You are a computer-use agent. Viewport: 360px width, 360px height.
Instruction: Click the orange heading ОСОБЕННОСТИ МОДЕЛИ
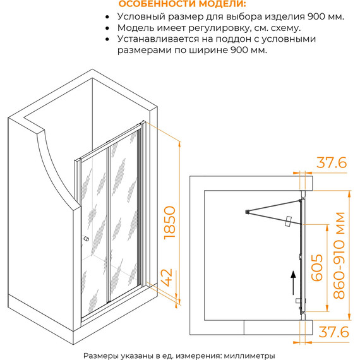pos(182,4)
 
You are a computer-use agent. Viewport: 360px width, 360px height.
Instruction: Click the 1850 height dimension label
pos(170,223)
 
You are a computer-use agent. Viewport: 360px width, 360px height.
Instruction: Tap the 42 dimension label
pos(167,277)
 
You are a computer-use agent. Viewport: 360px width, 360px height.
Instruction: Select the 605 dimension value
pos(317,268)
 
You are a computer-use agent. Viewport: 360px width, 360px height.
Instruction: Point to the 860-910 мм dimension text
pos(339,255)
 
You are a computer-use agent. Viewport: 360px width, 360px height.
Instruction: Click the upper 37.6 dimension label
pos(332,162)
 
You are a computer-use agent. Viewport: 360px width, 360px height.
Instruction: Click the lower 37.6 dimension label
pos(333,332)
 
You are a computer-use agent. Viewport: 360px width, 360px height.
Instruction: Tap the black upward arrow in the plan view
pos(293,283)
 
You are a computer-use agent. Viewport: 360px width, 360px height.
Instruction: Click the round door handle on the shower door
pos(86,239)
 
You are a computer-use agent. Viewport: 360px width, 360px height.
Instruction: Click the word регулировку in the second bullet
pos(220,28)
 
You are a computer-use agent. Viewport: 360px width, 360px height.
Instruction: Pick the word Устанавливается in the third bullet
pos(158,39)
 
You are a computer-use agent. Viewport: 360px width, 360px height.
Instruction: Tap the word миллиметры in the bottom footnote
pos(249,356)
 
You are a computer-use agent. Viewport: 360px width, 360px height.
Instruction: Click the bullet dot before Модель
pos(107,28)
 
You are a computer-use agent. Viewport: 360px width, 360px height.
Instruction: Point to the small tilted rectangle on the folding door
pos(288,221)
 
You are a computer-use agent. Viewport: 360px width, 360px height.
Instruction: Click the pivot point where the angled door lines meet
pos(247,212)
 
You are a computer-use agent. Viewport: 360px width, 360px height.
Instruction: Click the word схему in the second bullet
pos(285,28)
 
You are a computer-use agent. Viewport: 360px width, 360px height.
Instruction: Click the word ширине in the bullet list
pos(208,50)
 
